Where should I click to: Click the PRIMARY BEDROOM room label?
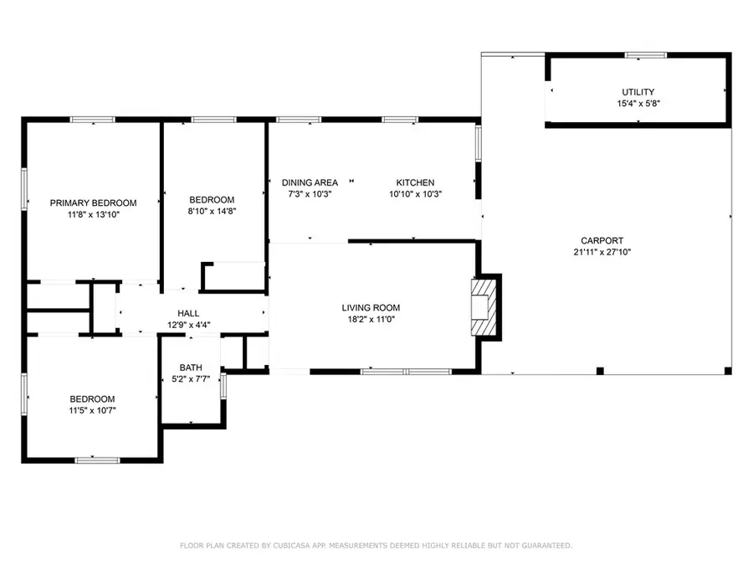point(93,203)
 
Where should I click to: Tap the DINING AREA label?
point(310,182)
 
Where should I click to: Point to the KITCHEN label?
point(415,182)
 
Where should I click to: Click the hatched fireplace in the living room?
point(484,307)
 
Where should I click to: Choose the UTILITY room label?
point(638,92)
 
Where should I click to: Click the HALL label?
point(188,313)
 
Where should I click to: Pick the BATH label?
point(191,367)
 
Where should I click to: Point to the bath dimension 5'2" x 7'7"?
point(191,379)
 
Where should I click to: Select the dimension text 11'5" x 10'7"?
point(92,410)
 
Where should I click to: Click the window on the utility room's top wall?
point(646,55)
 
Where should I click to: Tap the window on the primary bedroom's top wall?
point(92,121)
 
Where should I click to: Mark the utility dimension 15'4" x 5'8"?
point(638,104)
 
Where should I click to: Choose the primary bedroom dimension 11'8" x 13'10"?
point(93,214)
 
